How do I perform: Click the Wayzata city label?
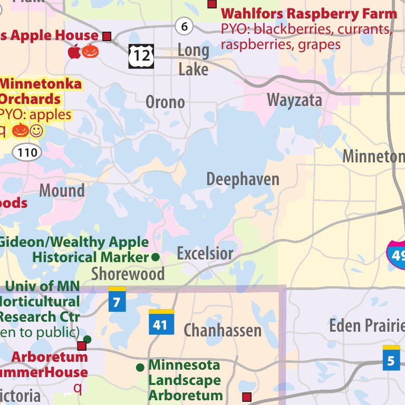(294, 100)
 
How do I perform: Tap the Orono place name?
(165, 102)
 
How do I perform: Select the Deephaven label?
(243, 179)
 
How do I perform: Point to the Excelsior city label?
(205, 254)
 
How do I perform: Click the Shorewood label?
(128, 274)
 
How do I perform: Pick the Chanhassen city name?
(223, 331)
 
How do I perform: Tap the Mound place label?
(62, 190)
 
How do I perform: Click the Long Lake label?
(193, 60)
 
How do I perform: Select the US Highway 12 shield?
(141, 56)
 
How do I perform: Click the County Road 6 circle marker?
(184, 25)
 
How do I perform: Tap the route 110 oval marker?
(27, 153)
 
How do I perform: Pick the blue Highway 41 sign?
(161, 322)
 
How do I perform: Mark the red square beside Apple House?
(107, 36)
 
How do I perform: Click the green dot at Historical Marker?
(156, 257)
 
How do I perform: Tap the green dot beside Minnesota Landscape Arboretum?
(140, 367)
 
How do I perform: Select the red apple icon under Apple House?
(74, 52)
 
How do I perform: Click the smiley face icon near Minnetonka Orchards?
(36, 130)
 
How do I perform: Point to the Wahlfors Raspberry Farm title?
(308, 14)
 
